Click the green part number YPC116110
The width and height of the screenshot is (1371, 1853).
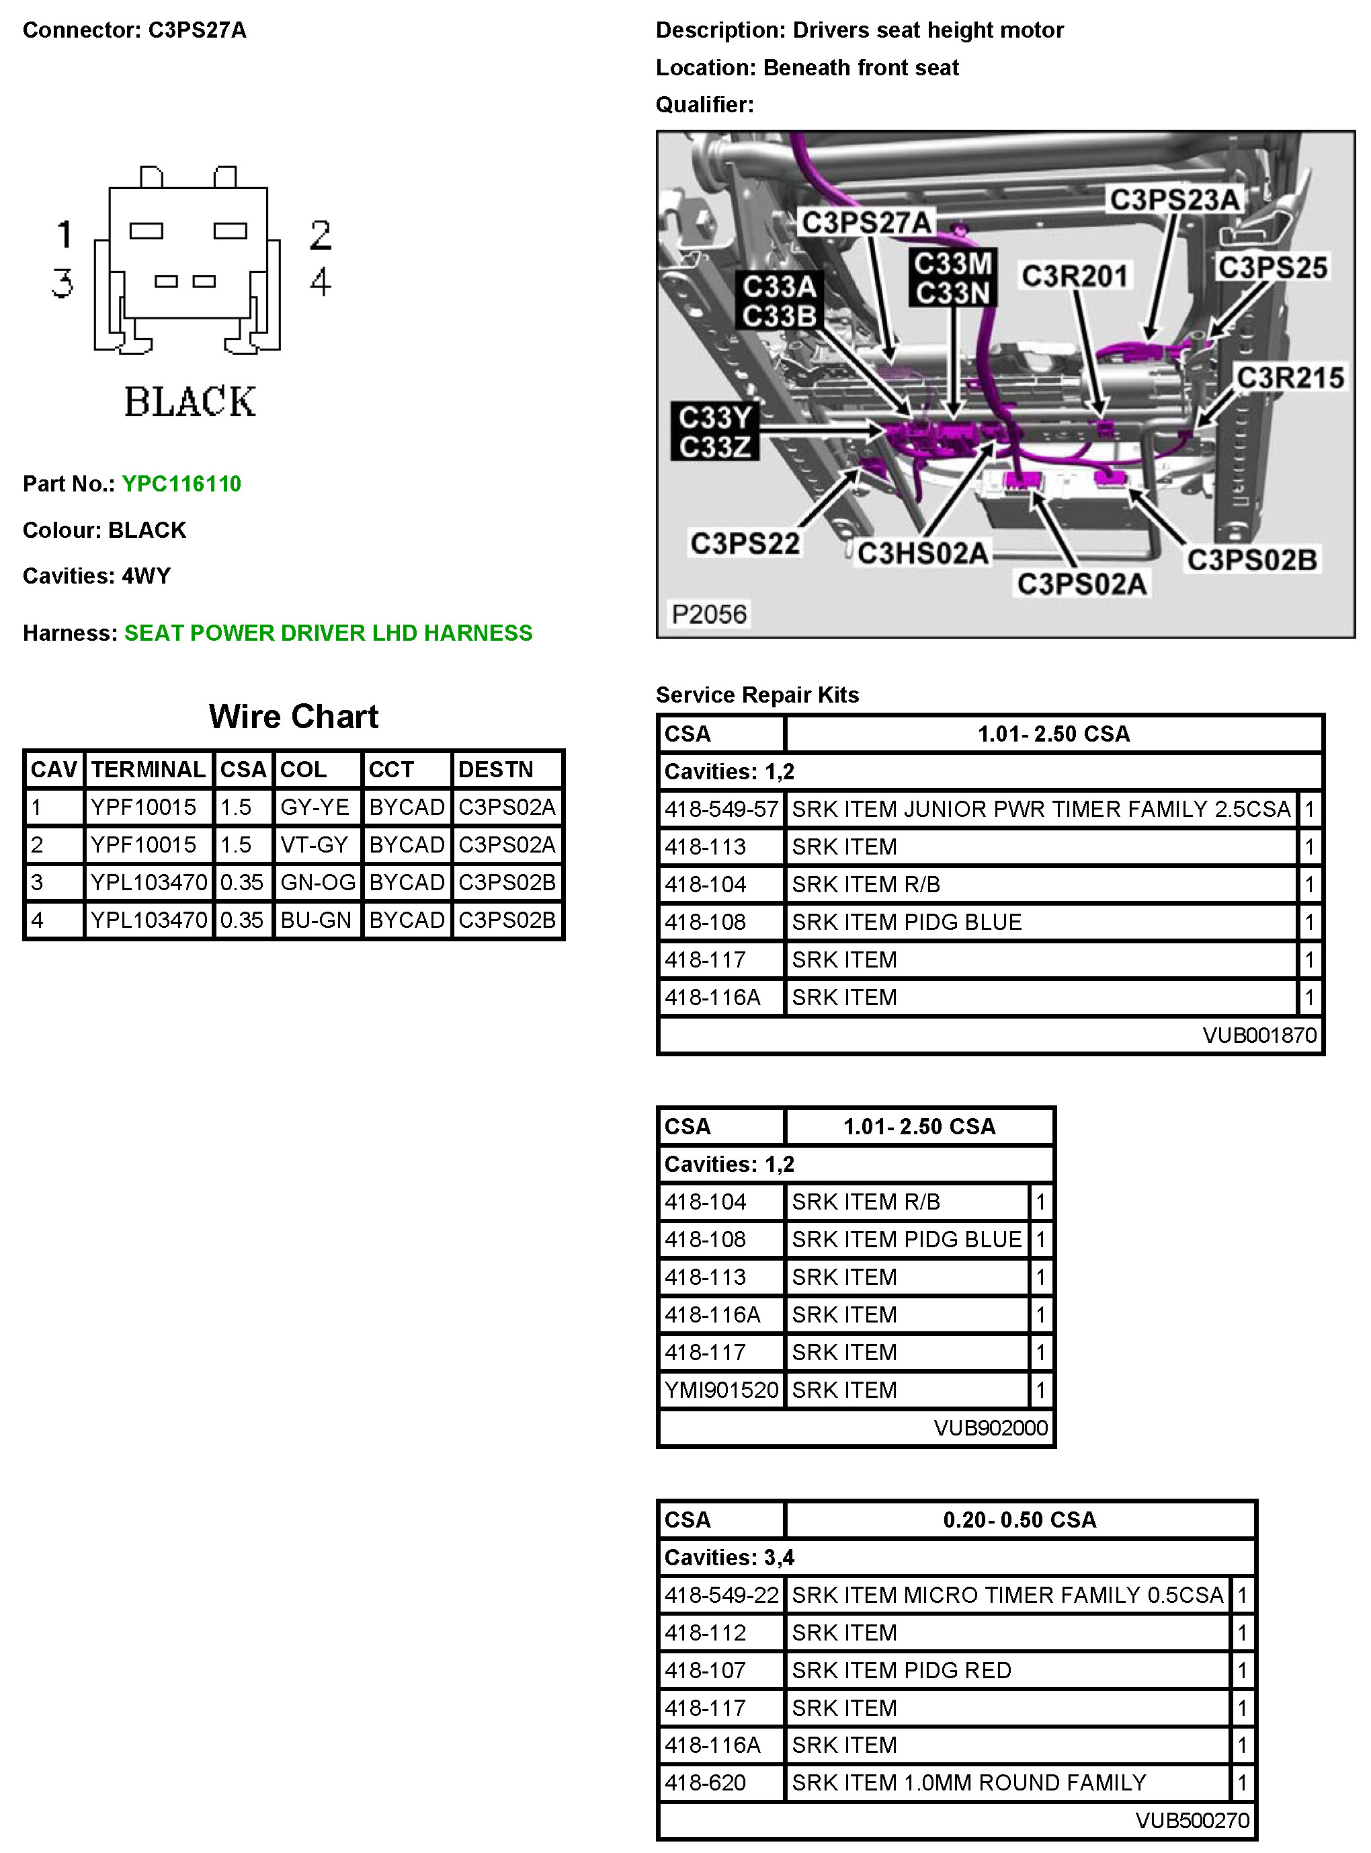(x=181, y=484)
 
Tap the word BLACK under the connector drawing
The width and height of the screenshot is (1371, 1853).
(x=190, y=402)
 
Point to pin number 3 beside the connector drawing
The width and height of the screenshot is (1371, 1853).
(x=63, y=283)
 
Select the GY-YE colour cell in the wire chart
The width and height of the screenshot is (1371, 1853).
(x=315, y=807)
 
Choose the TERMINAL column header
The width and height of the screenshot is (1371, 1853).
(x=148, y=770)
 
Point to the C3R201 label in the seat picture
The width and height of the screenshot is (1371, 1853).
(x=1074, y=276)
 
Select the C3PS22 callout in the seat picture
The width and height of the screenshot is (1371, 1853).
(x=745, y=544)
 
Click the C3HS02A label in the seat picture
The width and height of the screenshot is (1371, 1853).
(x=922, y=553)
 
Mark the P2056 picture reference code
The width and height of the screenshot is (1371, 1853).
(x=709, y=615)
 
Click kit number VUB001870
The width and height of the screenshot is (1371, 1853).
(x=1259, y=1035)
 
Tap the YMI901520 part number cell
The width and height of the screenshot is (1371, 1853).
(x=721, y=1390)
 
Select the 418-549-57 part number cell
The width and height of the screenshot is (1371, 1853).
(x=721, y=809)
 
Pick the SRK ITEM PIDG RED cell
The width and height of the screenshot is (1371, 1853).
(x=901, y=1670)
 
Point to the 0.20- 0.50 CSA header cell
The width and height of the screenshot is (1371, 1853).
(x=1019, y=1520)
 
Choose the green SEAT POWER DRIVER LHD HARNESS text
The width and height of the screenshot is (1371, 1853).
(x=328, y=633)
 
